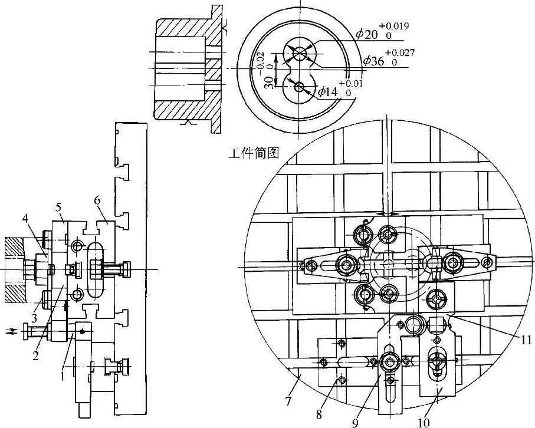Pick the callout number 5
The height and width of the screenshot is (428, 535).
[x=58, y=207]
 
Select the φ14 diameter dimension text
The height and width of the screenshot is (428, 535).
[x=328, y=91]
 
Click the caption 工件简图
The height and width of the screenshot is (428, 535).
[x=254, y=155]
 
